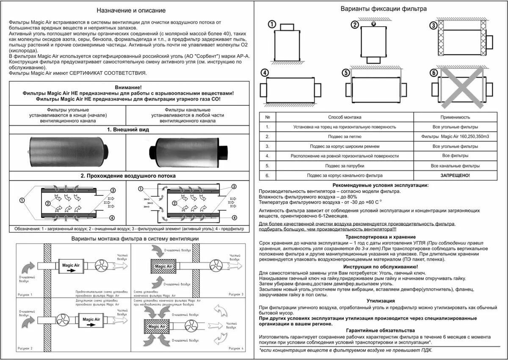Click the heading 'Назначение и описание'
131,10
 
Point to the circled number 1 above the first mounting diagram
272,24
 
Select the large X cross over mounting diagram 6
461,88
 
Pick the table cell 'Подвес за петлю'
345,137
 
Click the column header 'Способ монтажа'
345,117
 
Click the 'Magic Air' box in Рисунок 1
71,266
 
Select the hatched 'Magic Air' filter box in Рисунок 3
163,266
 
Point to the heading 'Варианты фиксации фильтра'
384,8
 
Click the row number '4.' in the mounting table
268,156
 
